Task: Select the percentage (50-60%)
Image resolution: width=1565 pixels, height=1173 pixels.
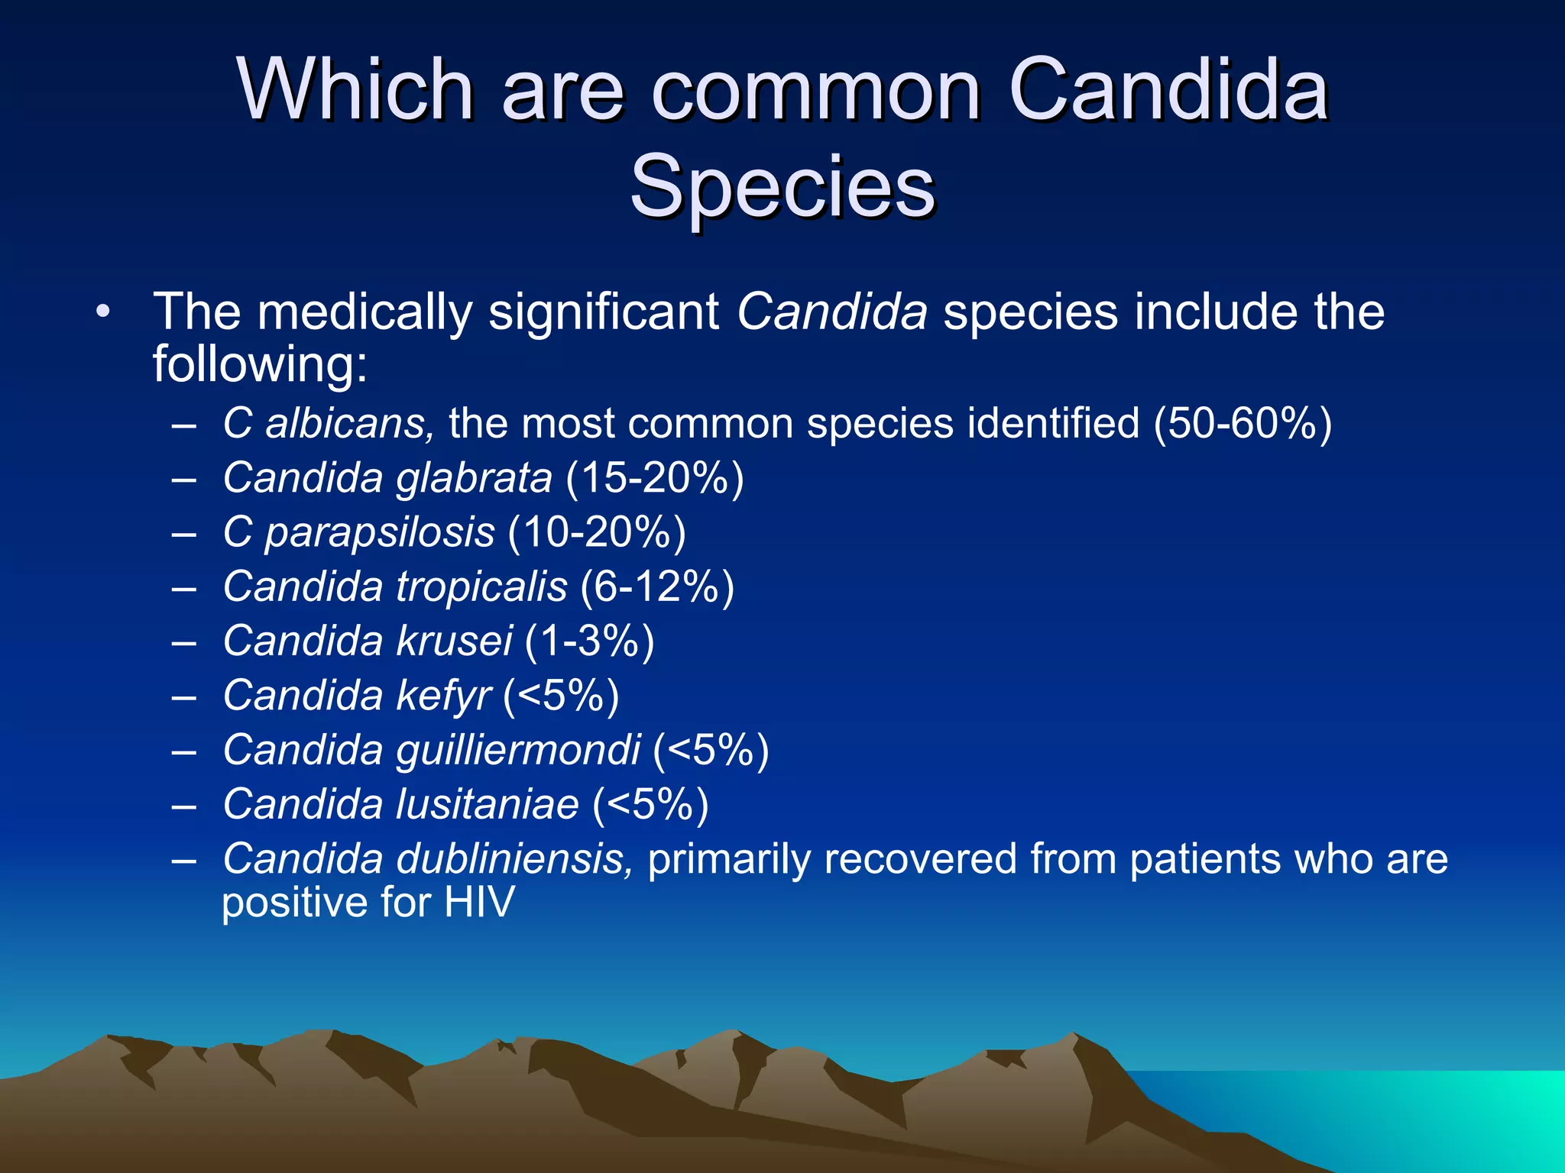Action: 1243,423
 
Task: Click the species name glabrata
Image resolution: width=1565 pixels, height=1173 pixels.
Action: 474,479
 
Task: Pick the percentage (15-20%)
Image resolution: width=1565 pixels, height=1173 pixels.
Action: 655,479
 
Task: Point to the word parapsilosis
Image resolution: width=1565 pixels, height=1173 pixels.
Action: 380,533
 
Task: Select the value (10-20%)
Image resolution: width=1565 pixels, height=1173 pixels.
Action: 596,532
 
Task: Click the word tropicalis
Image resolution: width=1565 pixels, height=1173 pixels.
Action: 481,586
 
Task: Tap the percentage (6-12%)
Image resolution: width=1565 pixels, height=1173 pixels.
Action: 657,586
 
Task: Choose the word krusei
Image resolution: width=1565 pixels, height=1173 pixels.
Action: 454,641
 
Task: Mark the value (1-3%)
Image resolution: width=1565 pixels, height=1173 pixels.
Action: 589,641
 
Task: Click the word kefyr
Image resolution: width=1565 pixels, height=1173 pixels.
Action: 443,696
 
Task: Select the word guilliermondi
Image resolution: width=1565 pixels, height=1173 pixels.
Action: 518,750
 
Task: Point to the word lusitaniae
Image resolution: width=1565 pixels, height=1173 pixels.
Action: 487,804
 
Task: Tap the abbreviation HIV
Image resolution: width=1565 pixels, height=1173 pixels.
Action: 479,902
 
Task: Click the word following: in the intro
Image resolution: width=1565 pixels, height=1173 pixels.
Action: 260,364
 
